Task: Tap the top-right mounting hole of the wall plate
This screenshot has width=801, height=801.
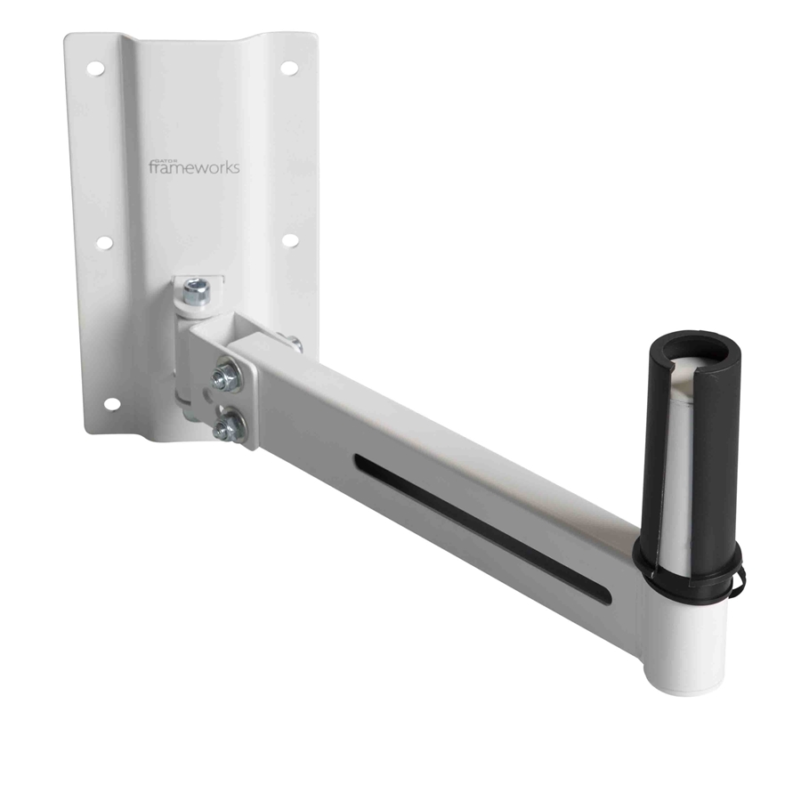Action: (287, 67)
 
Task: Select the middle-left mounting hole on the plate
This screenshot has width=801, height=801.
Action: (103, 242)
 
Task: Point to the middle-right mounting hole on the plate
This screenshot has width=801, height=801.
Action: (289, 241)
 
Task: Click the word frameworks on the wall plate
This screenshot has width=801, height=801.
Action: (194, 166)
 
